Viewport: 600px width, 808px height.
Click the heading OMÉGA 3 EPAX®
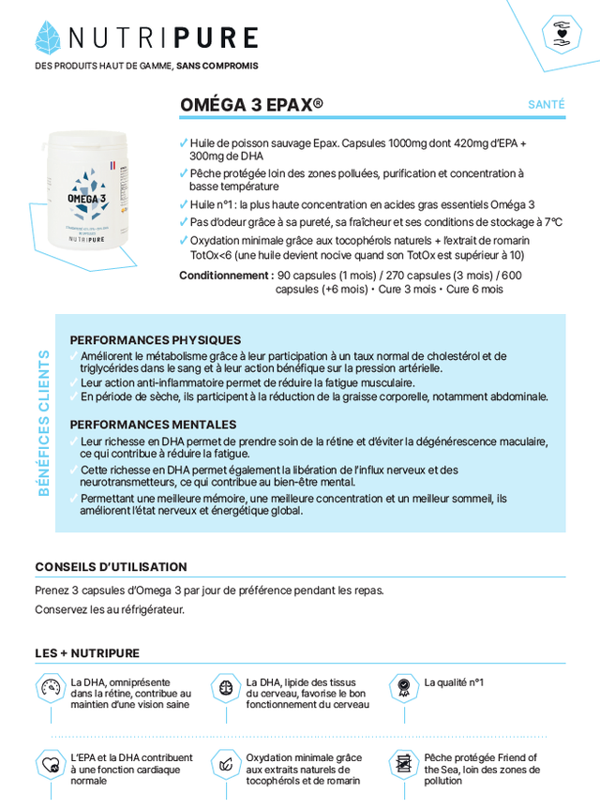(x=251, y=105)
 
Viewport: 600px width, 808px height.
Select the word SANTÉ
(x=547, y=105)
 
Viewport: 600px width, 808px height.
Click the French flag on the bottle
(x=112, y=165)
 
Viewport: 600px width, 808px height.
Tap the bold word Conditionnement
(x=225, y=276)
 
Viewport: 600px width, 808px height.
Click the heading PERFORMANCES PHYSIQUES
(x=155, y=340)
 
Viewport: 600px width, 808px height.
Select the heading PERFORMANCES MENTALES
(x=153, y=425)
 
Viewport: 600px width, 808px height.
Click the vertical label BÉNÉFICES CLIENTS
(x=44, y=423)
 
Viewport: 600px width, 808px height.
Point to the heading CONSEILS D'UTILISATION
(x=111, y=567)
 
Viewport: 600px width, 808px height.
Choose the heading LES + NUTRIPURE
(x=87, y=653)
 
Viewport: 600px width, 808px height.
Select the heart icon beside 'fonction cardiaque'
(x=50, y=764)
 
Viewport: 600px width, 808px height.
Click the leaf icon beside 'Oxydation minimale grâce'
(x=226, y=764)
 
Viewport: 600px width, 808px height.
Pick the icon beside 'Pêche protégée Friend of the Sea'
(x=403, y=764)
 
